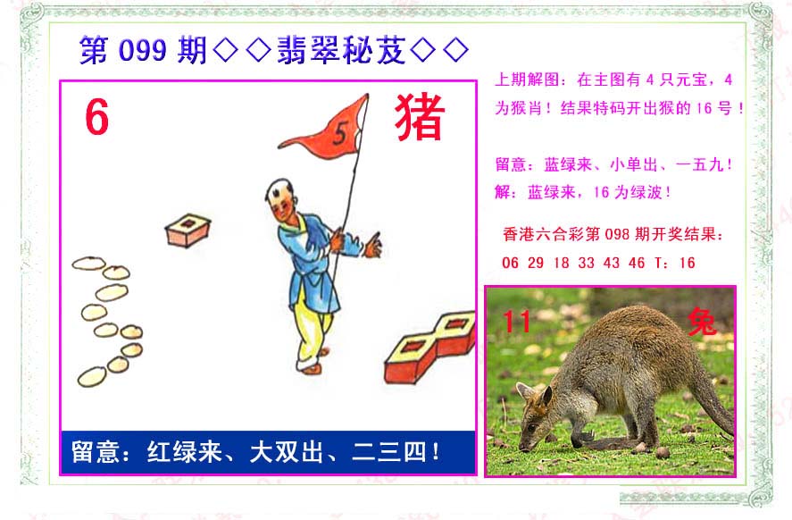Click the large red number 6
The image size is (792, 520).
tap(97, 117)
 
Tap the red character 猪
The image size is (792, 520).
tap(420, 117)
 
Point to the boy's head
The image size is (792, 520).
tap(281, 198)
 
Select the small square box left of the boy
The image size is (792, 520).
tap(188, 231)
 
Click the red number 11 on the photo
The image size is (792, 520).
tap(516, 322)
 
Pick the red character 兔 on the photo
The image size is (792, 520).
tap(702, 322)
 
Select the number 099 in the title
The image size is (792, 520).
tap(143, 51)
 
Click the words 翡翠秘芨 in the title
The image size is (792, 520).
tap(341, 50)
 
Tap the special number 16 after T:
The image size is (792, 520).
tap(687, 263)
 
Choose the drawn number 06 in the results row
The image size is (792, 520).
tap(510, 263)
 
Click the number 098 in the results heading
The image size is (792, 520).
tap(617, 234)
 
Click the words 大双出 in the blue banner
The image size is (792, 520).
tap(286, 452)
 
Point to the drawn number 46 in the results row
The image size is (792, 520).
tap(637, 263)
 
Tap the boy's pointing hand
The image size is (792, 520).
tap(374, 245)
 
